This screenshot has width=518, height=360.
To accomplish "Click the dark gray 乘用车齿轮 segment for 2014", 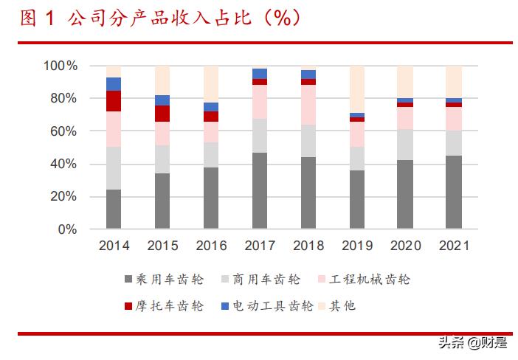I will tap(113, 210).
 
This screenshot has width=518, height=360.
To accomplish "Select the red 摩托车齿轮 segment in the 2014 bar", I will tap(113, 101).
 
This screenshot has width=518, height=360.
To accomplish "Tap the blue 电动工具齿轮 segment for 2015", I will tap(162, 100).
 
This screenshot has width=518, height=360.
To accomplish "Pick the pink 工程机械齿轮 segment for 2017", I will tap(259, 102).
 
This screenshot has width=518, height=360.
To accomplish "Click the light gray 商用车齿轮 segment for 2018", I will tap(308, 141).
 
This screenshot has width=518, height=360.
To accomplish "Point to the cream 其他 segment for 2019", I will tap(356, 89).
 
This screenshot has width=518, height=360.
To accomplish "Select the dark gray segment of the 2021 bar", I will tap(454, 193).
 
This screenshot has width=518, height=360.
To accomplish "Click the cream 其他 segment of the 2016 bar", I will tap(210, 84).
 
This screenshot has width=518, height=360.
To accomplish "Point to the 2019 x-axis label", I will tap(356, 246).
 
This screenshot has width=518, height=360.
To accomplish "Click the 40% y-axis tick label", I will tap(63, 165).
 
